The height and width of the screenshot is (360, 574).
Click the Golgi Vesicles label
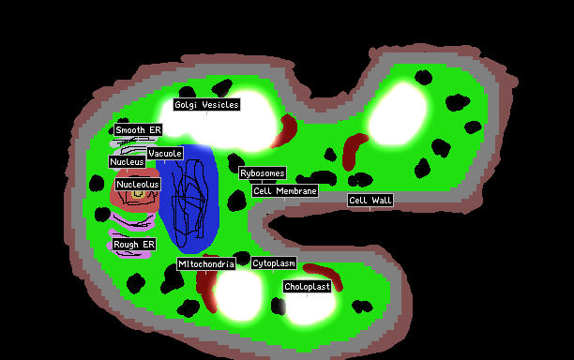(207, 105)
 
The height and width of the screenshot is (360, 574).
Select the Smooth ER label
(138, 130)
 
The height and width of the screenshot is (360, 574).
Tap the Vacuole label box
(165, 154)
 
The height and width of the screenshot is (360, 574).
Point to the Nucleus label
(127, 161)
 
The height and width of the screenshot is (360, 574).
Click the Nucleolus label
(138, 184)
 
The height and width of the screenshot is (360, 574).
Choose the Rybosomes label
(263, 173)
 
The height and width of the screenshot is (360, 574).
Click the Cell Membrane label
(285, 191)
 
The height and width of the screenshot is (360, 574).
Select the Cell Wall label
(370, 200)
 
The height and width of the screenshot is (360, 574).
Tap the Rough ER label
(134, 245)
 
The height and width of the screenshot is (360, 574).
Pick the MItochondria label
(206, 263)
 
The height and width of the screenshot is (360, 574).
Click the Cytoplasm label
(274, 263)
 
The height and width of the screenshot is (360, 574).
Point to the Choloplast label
(307, 287)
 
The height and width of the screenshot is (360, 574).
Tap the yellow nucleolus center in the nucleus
(138, 194)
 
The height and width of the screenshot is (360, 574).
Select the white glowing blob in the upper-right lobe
(398, 113)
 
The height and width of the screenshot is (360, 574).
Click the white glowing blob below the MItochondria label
(238, 293)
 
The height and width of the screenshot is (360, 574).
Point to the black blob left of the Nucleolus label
(97, 183)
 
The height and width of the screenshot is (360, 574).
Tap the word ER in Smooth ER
(155, 130)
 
